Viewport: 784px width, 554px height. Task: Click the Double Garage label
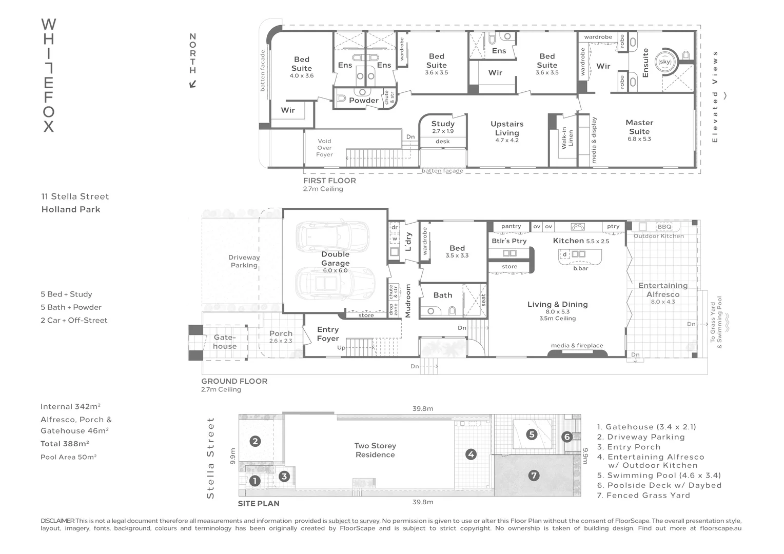click(335, 259)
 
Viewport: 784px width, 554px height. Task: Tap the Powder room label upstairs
click(363, 101)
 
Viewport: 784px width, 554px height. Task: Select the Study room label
click(443, 124)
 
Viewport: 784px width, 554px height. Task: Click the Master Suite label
click(639, 127)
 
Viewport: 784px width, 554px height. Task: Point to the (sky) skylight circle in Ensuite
click(664, 62)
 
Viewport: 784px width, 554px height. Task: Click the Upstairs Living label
click(507, 128)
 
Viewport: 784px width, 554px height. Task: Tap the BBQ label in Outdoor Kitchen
click(664, 227)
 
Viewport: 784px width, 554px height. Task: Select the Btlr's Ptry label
click(509, 241)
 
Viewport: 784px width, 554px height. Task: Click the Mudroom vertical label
click(408, 301)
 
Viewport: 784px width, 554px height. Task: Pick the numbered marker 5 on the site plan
click(532, 434)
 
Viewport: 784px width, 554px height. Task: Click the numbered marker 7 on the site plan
click(534, 476)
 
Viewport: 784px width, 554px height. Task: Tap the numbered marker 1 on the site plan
click(254, 481)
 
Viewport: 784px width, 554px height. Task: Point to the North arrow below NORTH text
click(193, 84)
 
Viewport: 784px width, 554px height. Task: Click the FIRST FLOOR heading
click(329, 181)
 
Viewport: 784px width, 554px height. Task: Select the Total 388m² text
click(65, 444)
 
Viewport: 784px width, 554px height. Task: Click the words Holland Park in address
click(71, 209)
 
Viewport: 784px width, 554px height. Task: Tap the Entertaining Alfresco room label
click(663, 290)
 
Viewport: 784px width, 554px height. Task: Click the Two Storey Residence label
click(375, 450)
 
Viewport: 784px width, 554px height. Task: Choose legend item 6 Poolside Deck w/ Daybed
click(659, 485)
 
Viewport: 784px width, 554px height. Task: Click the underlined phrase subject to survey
click(354, 521)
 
